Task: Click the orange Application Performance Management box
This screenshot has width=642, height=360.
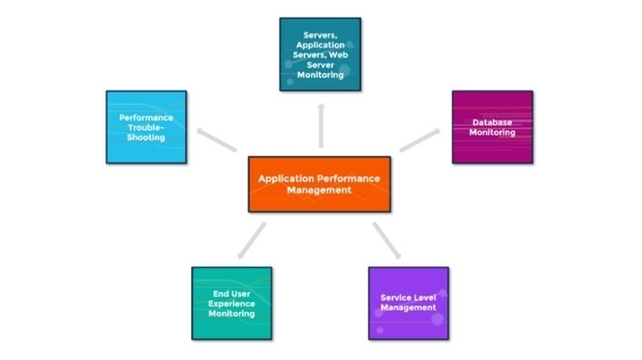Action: click(x=319, y=184)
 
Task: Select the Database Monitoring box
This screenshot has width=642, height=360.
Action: click(x=492, y=126)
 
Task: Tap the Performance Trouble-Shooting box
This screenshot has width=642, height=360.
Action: click(x=145, y=126)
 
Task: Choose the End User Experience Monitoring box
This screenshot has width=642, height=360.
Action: click(x=231, y=303)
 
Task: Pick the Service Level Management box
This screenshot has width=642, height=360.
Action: click(x=408, y=303)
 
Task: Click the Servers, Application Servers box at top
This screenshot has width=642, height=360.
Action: click(x=319, y=54)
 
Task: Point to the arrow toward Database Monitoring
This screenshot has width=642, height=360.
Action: click(x=419, y=139)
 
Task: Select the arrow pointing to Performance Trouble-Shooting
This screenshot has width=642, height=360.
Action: click(x=216, y=140)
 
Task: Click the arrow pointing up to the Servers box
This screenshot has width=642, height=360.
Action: click(x=320, y=125)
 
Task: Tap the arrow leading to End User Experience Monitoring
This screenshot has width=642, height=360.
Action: click(x=251, y=240)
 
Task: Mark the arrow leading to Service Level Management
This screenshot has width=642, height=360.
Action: click(x=386, y=240)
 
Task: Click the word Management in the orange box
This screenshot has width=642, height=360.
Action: click(x=319, y=190)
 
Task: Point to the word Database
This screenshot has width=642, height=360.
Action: click(x=492, y=122)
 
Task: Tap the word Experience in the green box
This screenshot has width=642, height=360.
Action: click(x=231, y=304)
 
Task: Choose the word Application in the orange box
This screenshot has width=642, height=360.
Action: click(x=288, y=178)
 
